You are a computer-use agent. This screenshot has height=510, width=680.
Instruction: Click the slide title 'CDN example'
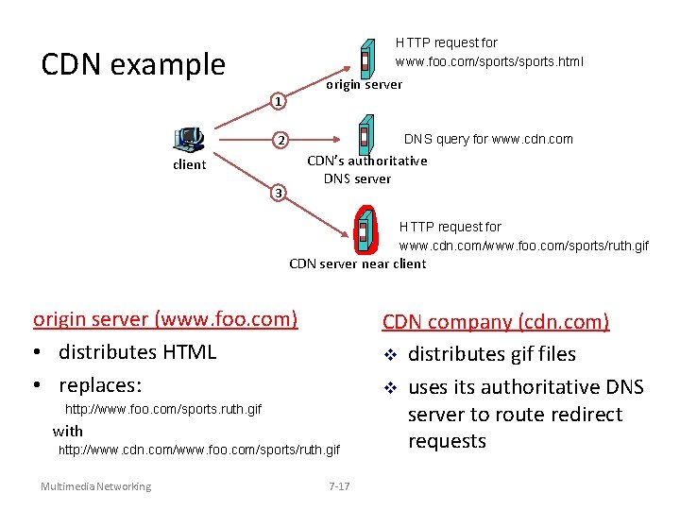[133, 64]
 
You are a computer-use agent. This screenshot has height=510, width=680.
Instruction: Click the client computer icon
[189, 140]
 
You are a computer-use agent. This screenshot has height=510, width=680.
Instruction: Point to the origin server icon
[365, 58]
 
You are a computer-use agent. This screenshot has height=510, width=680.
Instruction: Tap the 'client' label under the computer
[189, 164]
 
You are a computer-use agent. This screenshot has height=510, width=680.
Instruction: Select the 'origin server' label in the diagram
[364, 85]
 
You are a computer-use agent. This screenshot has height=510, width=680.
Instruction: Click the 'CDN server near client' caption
[357, 263]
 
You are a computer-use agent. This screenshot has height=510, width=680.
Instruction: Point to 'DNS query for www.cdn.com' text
[488, 139]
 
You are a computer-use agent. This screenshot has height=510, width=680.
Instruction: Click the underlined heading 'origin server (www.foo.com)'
[165, 319]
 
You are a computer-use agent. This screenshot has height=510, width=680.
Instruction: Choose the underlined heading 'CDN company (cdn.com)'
[496, 322]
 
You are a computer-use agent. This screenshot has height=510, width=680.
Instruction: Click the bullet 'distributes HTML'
[137, 352]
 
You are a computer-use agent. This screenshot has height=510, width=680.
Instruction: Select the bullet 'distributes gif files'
[491, 354]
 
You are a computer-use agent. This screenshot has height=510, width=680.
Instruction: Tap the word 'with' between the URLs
[68, 431]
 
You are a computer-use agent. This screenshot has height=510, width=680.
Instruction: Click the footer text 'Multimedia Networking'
[95, 486]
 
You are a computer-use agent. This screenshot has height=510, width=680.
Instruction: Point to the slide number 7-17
[339, 486]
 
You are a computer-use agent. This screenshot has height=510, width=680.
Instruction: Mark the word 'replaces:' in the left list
[99, 385]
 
